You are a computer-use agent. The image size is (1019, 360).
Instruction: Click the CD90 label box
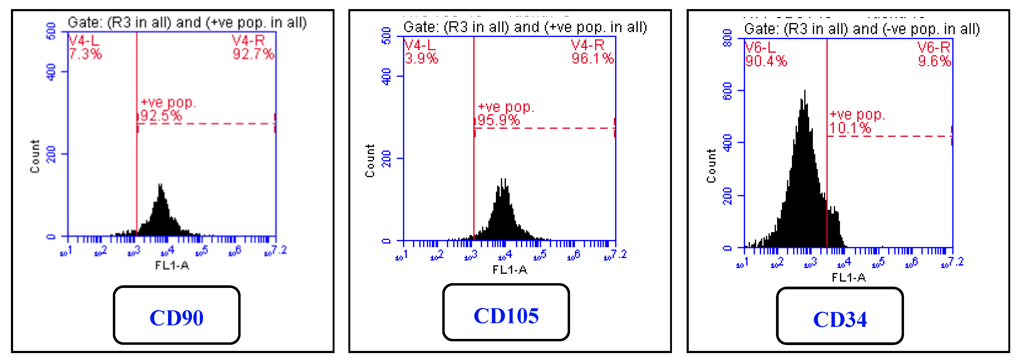click(x=176, y=315)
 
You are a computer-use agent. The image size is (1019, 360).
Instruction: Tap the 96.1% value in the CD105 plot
click(x=592, y=58)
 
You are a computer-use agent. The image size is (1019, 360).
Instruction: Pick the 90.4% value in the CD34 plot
click(x=766, y=61)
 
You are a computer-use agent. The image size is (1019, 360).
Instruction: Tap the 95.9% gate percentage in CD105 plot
click(x=498, y=120)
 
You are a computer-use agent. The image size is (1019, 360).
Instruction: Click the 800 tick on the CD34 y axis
click(x=727, y=38)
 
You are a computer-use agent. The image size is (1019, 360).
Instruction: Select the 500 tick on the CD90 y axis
click(x=51, y=31)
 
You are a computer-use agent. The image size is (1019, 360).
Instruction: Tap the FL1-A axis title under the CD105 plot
click(x=509, y=270)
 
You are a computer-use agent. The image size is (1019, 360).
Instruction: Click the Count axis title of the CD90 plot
click(x=35, y=156)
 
